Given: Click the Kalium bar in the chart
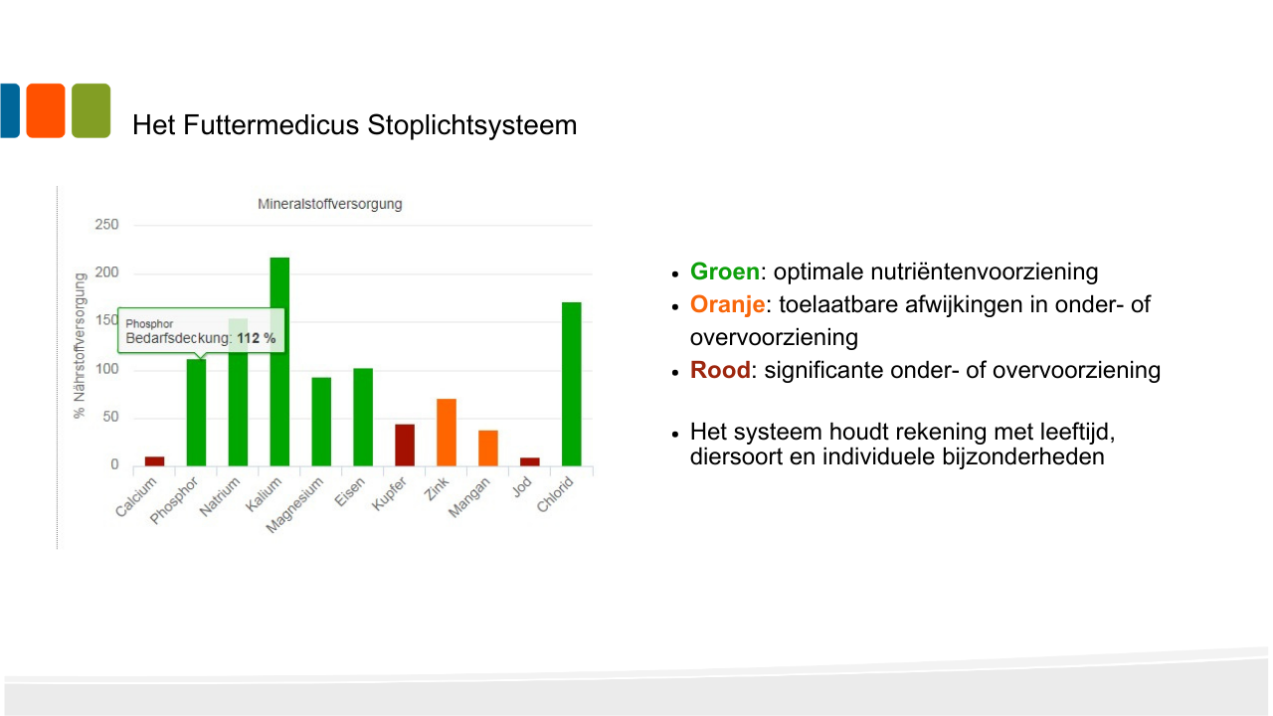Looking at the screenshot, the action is pyautogui.click(x=279, y=362).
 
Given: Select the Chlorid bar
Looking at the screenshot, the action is pyautogui.click(x=572, y=384).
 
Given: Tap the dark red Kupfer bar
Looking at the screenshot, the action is pyautogui.click(x=405, y=445).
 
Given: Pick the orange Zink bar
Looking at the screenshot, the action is pyautogui.click(x=447, y=433).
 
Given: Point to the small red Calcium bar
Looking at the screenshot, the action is pyautogui.click(x=154, y=461).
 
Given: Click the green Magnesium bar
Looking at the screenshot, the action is pyautogui.click(x=321, y=422).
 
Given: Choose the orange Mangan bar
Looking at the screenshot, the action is pyautogui.click(x=488, y=448).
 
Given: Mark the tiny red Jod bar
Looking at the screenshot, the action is pyautogui.click(x=530, y=462).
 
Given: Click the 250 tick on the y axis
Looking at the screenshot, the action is pyautogui.click(x=106, y=225).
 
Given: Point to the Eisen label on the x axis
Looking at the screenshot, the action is pyautogui.click(x=349, y=492).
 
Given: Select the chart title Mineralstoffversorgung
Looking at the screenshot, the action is pyautogui.click(x=329, y=204).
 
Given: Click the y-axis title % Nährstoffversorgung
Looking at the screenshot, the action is pyautogui.click(x=80, y=345).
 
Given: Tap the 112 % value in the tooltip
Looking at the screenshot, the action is pyautogui.click(x=257, y=338).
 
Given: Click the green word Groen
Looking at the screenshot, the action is pyautogui.click(x=725, y=271).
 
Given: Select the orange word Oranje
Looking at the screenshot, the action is pyautogui.click(x=727, y=305).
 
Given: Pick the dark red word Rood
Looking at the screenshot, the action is pyautogui.click(x=720, y=370).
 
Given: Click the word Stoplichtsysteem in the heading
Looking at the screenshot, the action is pyautogui.click(x=472, y=125).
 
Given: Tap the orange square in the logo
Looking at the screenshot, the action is pyautogui.click(x=46, y=110).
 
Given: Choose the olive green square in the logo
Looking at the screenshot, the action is pyautogui.click(x=91, y=110).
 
